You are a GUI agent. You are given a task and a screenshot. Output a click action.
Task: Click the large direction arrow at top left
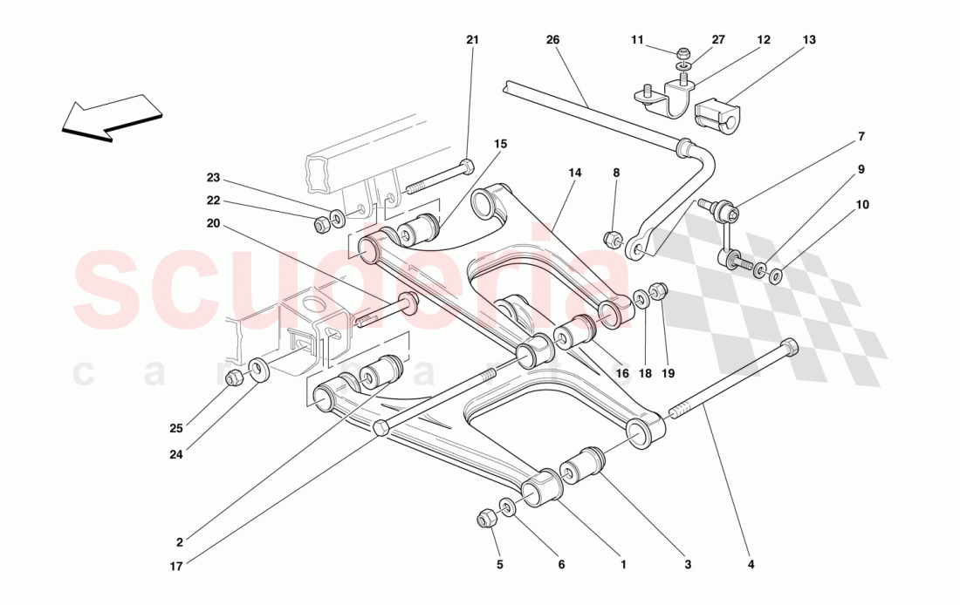[x=112, y=118]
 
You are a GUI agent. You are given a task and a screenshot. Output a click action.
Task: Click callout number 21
[x=472, y=40]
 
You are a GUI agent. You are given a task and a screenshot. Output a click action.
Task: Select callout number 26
[x=552, y=40]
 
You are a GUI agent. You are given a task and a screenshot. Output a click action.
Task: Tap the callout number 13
[x=809, y=40]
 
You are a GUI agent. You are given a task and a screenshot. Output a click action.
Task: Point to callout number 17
[x=177, y=565]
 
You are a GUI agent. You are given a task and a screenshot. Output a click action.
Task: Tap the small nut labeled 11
[x=683, y=53]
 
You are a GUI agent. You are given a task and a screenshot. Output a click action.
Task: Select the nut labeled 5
[x=487, y=519]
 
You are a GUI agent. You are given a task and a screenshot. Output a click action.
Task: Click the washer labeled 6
[x=508, y=506]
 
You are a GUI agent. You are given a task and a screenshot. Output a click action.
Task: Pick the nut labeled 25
[x=235, y=378]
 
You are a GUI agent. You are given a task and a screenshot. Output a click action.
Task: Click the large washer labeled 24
[x=258, y=369]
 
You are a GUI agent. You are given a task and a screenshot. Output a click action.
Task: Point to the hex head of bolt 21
[x=467, y=167]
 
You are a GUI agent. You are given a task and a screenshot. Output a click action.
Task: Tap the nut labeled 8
[x=613, y=236]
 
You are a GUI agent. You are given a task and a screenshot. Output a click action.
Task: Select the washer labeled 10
[x=775, y=277]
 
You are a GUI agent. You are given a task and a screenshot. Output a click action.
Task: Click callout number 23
[x=213, y=179]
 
